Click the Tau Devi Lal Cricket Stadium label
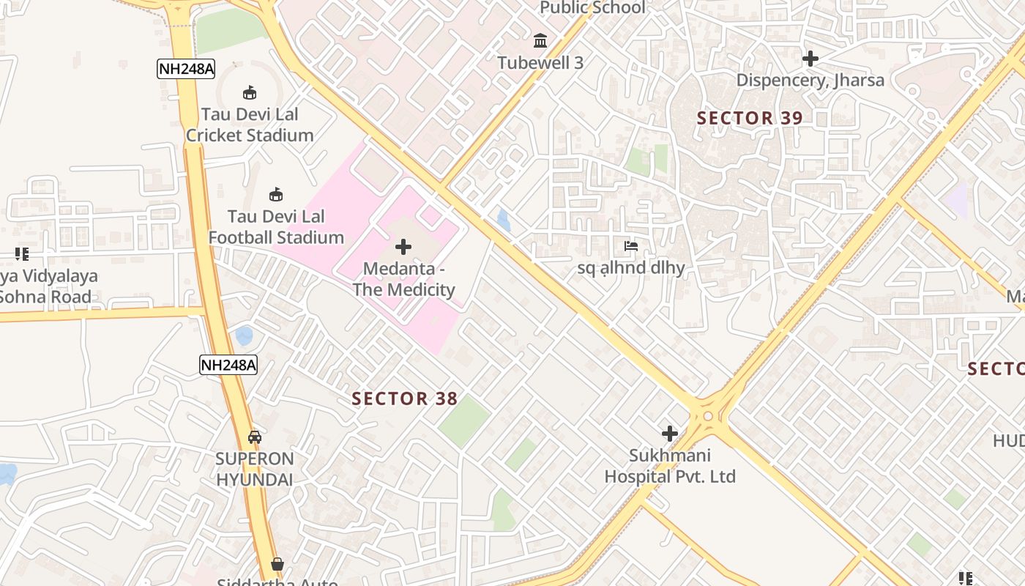click(249, 125)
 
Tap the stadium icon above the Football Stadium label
click(276, 195)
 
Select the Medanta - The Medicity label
click(403, 279)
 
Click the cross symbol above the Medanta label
click(403, 248)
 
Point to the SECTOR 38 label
click(404, 399)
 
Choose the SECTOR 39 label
click(750, 118)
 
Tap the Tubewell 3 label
click(540, 63)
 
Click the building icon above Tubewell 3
click(540, 40)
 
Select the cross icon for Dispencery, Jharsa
click(810, 59)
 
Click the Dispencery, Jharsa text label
click(810, 81)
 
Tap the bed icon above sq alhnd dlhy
click(631, 246)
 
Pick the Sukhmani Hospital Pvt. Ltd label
click(669, 466)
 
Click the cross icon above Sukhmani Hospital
click(669, 434)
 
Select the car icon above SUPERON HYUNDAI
click(254, 437)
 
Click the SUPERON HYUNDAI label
click(254, 470)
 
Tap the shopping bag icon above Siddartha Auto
click(277, 564)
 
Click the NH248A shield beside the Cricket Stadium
click(186, 69)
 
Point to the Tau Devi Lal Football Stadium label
click(276, 227)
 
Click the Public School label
click(592, 8)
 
